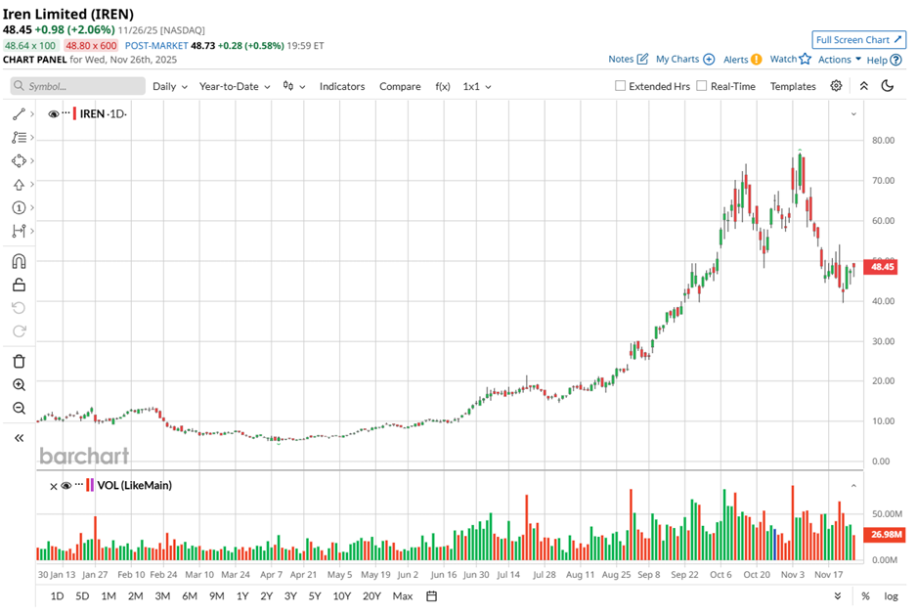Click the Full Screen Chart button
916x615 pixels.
coord(857,40)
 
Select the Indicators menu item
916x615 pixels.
coord(341,86)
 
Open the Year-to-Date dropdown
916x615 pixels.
coord(235,86)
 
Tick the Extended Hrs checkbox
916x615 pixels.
coord(621,86)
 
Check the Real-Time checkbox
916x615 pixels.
coord(702,86)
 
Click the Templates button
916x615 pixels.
coord(792,86)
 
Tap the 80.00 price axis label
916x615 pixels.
coord(883,140)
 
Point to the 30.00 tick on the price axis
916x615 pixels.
coord(883,340)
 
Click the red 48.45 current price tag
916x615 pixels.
coord(883,267)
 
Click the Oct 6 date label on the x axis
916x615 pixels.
coord(720,575)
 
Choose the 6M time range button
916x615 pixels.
coord(190,595)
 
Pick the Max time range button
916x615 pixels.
coord(402,595)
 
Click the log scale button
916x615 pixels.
coord(891,595)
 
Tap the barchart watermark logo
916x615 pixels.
coord(84,456)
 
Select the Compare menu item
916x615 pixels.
coord(400,86)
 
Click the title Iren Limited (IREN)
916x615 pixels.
coord(68,13)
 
